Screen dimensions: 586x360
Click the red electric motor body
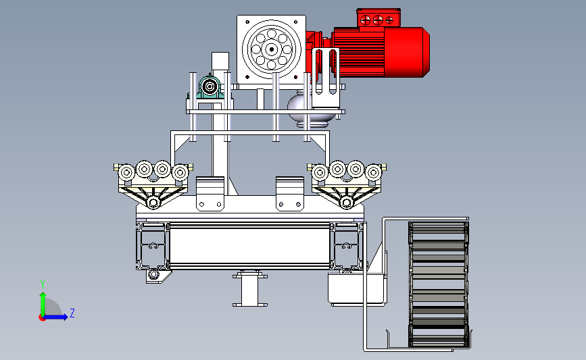click(381, 52)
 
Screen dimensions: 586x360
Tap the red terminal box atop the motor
click(379, 18)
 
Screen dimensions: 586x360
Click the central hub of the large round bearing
click(271, 49)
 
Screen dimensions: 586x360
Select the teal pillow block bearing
click(210, 87)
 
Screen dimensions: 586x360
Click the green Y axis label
click(42, 284)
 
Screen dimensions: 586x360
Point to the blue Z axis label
click(72, 313)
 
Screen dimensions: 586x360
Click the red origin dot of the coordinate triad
click(42, 317)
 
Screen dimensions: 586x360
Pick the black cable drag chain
click(439, 284)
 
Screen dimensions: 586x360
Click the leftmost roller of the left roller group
click(126, 173)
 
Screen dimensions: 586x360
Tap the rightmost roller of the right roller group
click(373, 172)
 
